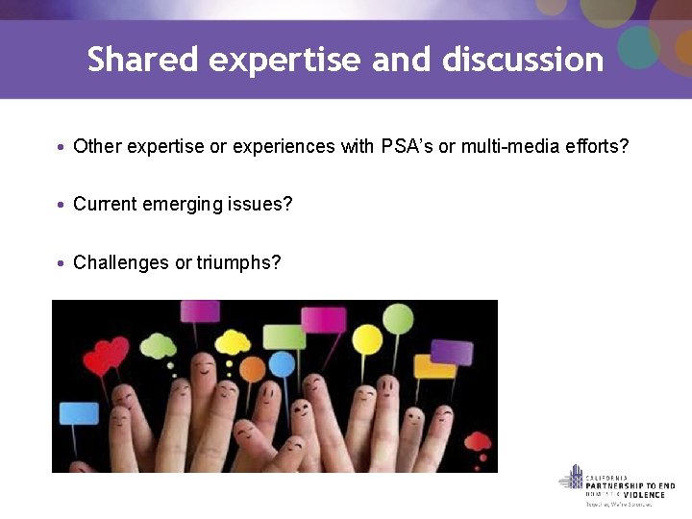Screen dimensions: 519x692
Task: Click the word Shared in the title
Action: pos(142,60)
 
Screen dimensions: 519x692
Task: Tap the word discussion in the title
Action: pos(523,60)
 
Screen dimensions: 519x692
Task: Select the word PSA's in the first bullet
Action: pos(407,147)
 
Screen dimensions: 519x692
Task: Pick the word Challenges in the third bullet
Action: pos(120,262)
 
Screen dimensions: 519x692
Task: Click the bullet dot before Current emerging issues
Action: pos(61,206)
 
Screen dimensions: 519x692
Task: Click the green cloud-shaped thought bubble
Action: pos(159,345)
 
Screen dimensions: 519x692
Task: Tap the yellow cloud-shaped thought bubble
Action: pos(233,341)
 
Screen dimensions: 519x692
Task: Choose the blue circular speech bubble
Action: pos(282,364)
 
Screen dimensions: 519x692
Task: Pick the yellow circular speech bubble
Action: pos(367,338)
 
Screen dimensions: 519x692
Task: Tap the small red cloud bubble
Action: pos(478,442)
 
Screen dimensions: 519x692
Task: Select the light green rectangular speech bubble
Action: pos(284,336)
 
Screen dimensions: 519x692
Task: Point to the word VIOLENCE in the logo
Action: pos(643,494)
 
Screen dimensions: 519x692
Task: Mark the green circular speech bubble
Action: pos(399,318)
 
